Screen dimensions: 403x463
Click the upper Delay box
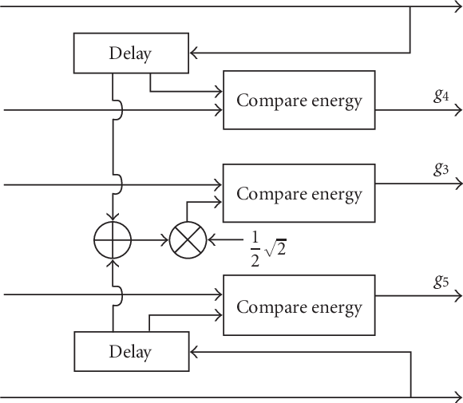(x=130, y=53)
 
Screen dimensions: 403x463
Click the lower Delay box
(x=130, y=351)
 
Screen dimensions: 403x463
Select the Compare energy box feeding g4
(x=299, y=101)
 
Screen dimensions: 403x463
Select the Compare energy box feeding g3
(x=299, y=194)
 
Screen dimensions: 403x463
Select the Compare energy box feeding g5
(x=299, y=307)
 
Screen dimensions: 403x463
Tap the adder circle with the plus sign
(x=113, y=239)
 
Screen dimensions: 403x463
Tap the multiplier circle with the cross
(x=188, y=239)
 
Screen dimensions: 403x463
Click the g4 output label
(x=441, y=95)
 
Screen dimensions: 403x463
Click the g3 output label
(x=441, y=168)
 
